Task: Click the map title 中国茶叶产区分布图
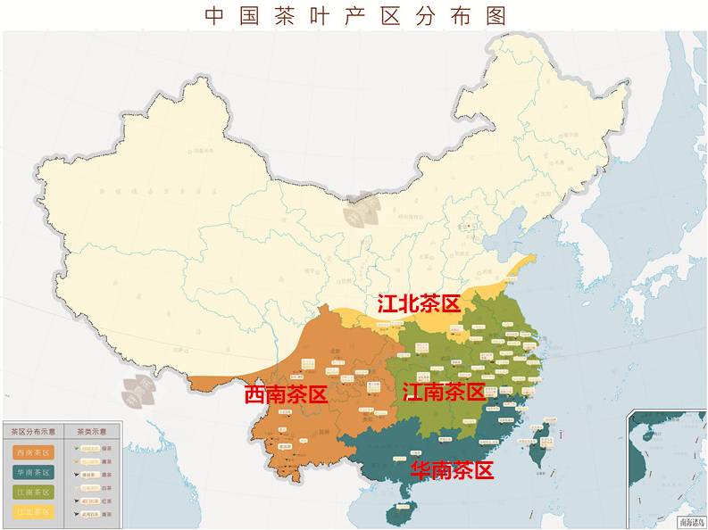355,15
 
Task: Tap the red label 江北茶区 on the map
419,303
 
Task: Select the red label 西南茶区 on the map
286,394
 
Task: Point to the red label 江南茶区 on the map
444,391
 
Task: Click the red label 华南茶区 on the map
452,470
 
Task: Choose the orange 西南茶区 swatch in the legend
33,452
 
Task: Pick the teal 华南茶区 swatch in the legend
33,472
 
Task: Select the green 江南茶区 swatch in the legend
33,492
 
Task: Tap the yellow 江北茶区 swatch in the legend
33,511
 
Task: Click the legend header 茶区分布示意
33,431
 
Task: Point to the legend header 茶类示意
92,431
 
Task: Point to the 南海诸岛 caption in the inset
690,522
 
